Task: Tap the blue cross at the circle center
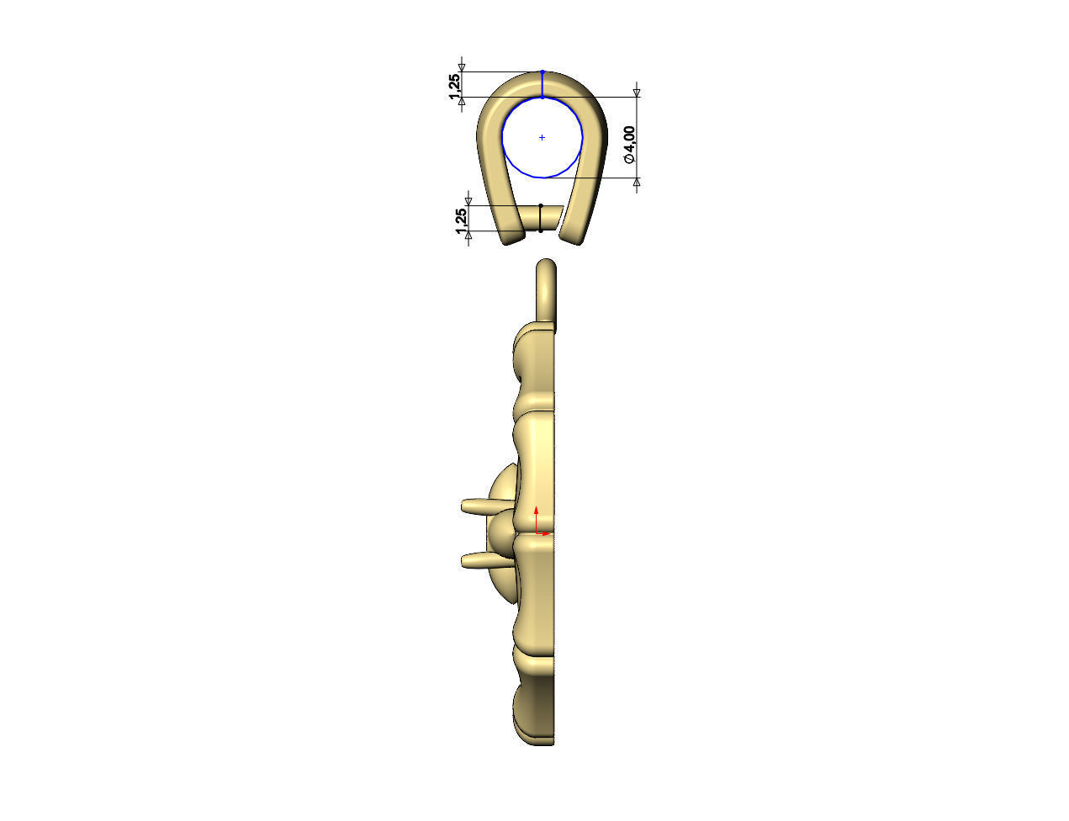point(542,137)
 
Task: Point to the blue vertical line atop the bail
point(542,85)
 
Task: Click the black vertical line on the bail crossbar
point(540,218)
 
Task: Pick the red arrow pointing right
point(547,532)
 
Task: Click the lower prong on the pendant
point(479,559)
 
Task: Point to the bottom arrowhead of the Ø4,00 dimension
point(637,182)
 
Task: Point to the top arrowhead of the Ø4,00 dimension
point(637,93)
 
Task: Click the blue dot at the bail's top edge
point(542,72)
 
